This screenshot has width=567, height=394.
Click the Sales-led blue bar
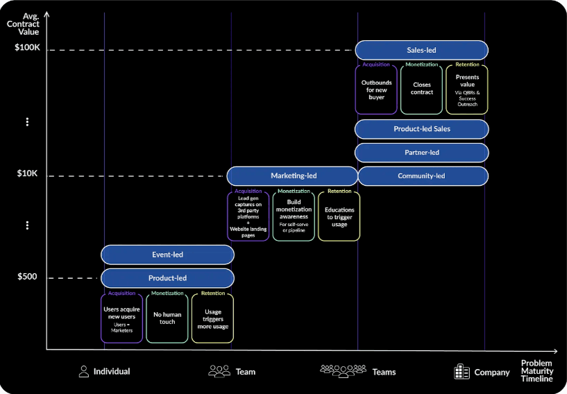[x=421, y=50]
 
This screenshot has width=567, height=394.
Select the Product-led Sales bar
[x=421, y=129]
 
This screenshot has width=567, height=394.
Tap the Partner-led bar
[x=421, y=153]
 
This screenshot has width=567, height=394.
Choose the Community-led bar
[x=421, y=176]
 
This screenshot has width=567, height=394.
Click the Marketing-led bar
[x=293, y=176]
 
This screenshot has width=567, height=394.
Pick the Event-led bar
[x=167, y=255]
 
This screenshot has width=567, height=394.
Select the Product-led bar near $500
[x=167, y=278]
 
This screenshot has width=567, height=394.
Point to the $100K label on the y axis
[x=28, y=48]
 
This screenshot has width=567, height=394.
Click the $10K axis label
[x=28, y=173]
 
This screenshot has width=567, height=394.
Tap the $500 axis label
[x=28, y=277]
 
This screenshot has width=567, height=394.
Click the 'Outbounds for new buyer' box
[x=376, y=90]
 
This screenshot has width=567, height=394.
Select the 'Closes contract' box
[x=421, y=90]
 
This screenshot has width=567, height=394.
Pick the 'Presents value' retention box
[x=467, y=90]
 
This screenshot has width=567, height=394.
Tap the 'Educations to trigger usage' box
[x=339, y=216]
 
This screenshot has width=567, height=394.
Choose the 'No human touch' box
[x=167, y=318]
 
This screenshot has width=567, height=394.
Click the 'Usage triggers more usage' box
[x=212, y=318]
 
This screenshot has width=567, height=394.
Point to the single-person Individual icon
[x=84, y=371]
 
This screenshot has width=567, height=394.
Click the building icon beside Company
[x=462, y=372]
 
